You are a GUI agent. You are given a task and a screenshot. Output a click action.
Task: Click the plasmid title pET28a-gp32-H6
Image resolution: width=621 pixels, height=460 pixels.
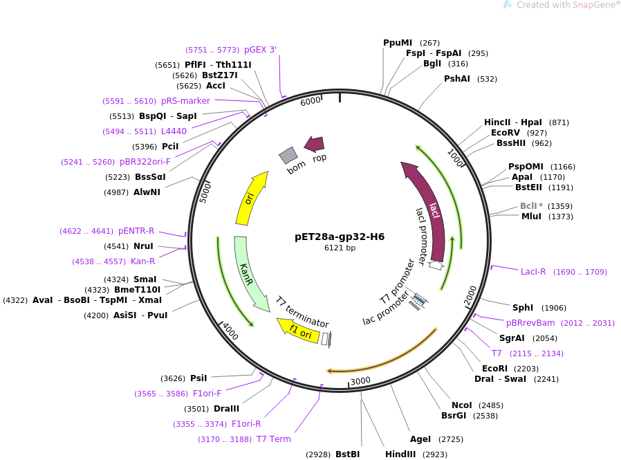[339, 237]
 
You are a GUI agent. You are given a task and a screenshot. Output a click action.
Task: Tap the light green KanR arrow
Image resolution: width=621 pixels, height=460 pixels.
[248, 273]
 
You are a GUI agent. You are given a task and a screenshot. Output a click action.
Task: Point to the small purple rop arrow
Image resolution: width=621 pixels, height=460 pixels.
[315, 144]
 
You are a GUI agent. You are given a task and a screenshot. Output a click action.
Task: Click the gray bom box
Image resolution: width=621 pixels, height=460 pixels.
[288, 156]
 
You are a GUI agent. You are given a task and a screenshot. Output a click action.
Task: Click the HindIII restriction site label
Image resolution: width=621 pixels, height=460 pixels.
[400, 454]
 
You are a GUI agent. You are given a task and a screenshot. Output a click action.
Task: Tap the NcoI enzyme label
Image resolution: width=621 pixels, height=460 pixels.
[461, 405]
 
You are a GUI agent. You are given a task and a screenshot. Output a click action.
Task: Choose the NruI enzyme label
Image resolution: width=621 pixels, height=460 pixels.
[143, 246]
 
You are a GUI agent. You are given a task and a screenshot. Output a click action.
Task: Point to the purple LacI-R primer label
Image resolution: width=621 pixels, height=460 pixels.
[533, 272]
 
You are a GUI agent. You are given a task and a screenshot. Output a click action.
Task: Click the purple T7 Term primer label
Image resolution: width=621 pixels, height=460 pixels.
[273, 439]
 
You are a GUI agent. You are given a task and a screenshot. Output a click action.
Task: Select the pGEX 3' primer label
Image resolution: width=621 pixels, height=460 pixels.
[260, 50]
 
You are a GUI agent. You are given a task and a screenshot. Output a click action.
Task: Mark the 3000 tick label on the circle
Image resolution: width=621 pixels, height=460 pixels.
[360, 380]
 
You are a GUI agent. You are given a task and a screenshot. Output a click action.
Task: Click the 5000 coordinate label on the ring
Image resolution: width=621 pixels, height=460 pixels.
[205, 192]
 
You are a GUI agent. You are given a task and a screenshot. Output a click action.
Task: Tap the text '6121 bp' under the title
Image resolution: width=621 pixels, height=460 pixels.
[340, 248]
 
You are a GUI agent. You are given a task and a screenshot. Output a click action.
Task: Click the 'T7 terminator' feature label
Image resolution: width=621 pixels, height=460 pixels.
[302, 312]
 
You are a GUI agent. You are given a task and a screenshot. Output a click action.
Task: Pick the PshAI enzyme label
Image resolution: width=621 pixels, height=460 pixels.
[456, 79]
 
